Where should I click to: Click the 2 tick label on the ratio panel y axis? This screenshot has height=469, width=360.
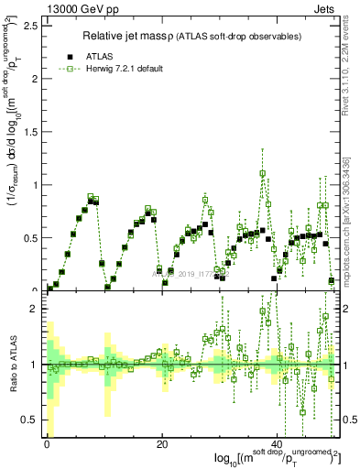pyautogui.click(x=33, y=309)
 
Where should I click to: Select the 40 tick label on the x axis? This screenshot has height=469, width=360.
pyautogui.click(x=277, y=446)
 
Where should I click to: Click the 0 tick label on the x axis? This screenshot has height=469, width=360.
pyautogui.click(x=47, y=446)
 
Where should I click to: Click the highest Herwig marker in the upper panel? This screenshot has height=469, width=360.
pyautogui.click(x=263, y=173)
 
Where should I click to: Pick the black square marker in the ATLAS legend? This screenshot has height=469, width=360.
pyautogui.click(x=70, y=54)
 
